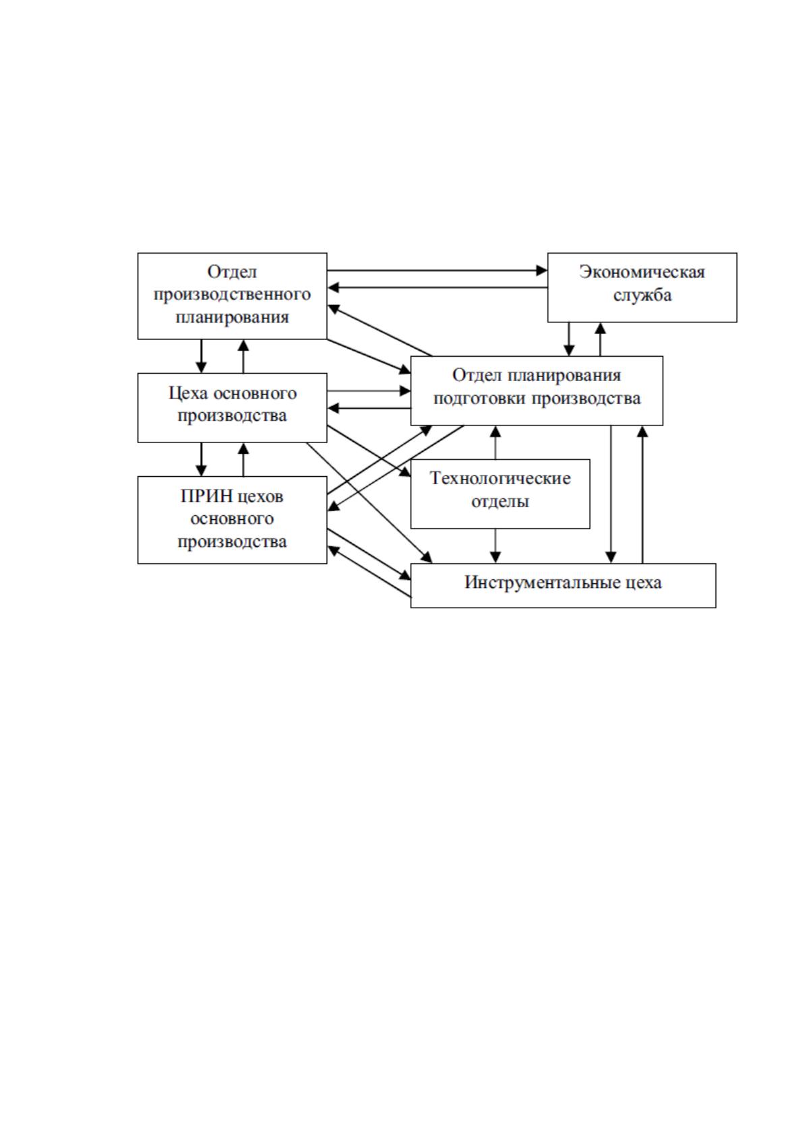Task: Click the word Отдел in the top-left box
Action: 232,272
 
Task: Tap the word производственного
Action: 232,295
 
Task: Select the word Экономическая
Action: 642,272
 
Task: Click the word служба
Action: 642,295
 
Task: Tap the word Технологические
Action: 500,478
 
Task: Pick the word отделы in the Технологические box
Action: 500,501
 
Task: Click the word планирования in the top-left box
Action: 232,317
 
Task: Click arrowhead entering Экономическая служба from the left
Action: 541,270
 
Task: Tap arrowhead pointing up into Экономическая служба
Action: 600,328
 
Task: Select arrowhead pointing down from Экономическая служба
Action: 569,350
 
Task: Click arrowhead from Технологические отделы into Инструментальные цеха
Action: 496,557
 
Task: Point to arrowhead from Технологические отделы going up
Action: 496,431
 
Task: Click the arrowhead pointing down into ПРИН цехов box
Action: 201,470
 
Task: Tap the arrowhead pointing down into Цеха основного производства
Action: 201,368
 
